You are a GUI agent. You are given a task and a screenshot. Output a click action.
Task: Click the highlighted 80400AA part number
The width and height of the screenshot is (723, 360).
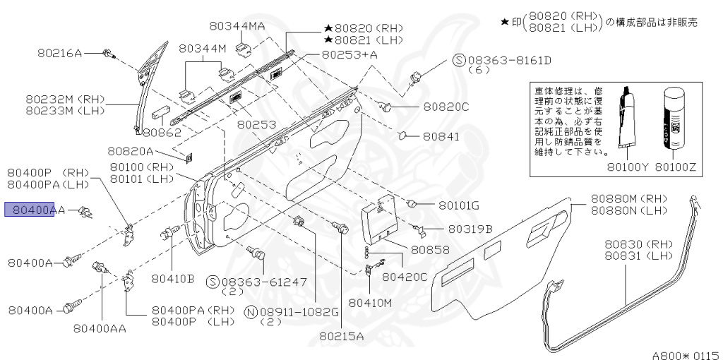coord(35,210)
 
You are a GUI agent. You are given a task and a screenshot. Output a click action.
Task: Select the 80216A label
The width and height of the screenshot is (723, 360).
coord(60,53)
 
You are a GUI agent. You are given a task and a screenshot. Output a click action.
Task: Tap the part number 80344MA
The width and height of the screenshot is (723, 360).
coord(237,26)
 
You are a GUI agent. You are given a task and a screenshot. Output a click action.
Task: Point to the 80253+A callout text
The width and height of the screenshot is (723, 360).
coord(349,54)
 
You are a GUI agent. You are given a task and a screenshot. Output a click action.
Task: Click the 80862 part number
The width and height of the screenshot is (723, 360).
coord(162,132)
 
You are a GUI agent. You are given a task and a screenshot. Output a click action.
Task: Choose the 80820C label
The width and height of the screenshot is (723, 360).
coord(446,107)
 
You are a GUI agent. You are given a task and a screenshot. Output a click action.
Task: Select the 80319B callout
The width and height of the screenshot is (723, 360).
coord(468,229)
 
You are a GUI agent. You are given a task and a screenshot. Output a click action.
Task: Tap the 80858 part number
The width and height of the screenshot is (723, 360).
coord(430,250)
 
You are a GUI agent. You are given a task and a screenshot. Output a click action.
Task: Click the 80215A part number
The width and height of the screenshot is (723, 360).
coord(340,336)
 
